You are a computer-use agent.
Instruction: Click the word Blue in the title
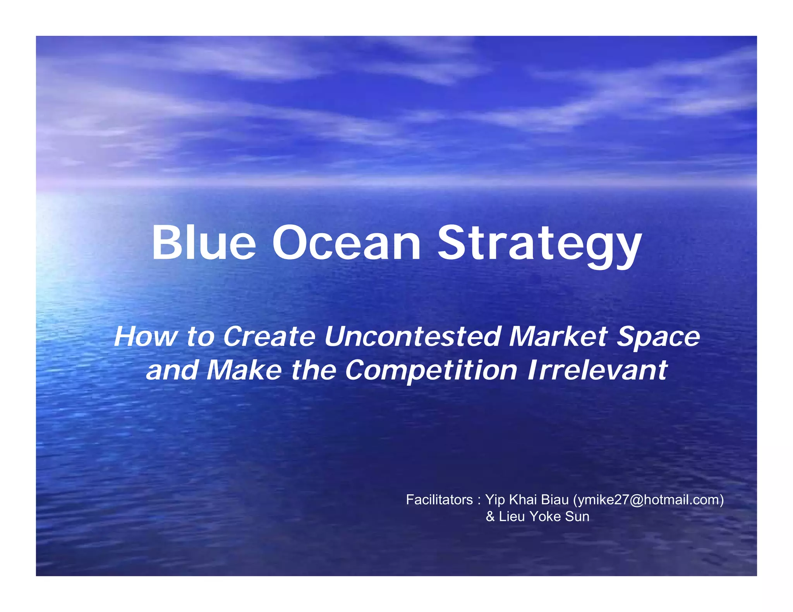(x=203, y=243)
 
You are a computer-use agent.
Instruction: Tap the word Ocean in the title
(x=346, y=243)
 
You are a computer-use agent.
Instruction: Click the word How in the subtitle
(x=145, y=336)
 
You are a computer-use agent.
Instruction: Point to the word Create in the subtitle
(x=269, y=336)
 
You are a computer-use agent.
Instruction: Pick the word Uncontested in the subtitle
(x=412, y=336)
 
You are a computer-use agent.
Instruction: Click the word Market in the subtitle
(x=558, y=336)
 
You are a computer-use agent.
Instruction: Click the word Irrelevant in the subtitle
(x=597, y=370)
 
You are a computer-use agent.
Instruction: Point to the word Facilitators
(x=439, y=500)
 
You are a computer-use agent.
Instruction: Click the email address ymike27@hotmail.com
(x=649, y=500)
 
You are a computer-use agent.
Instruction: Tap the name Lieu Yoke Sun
(x=544, y=516)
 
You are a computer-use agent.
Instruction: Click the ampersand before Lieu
(x=490, y=516)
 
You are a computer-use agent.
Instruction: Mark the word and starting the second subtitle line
(x=172, y=370)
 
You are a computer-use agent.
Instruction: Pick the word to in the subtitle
(x=200, y=336)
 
